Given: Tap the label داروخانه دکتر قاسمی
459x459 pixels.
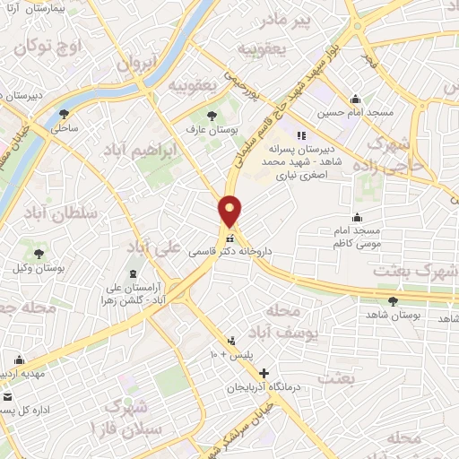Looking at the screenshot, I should tap(230, 255).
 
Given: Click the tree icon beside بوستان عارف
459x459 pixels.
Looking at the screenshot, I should tap(212, 115).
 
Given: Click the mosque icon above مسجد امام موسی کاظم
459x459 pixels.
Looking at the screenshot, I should tap(357, 217).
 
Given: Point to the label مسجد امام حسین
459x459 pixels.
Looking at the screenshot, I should tap(355, 115).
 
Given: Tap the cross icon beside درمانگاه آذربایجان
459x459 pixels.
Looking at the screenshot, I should tap(263, 372).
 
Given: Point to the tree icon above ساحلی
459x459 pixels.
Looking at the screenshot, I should tap(64, 114).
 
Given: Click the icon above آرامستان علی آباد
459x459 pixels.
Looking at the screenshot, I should tap(134, 272).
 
